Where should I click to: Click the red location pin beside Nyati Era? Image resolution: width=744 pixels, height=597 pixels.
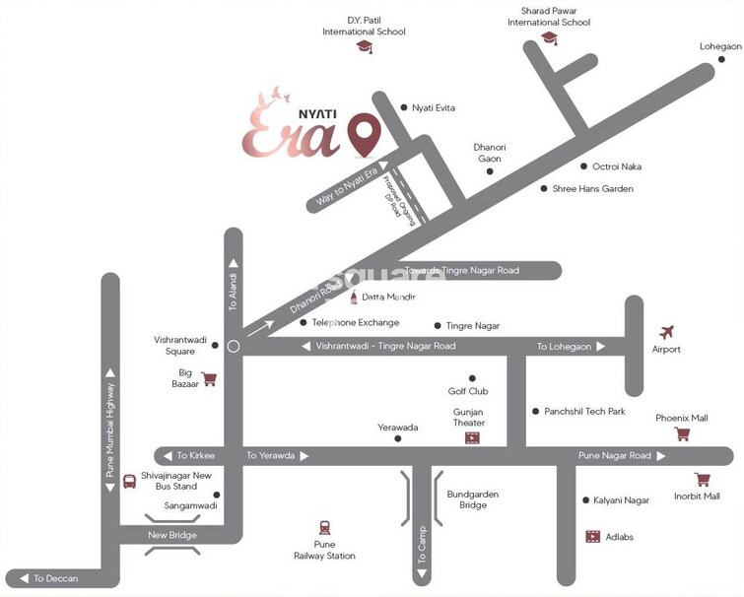tap(367, 136)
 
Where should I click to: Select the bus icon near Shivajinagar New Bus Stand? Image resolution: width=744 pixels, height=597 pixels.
tap(129, 482)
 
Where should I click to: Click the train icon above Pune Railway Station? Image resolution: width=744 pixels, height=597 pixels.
tap(324, 527)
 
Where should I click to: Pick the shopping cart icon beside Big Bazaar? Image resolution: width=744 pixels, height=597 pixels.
tap(209, 378)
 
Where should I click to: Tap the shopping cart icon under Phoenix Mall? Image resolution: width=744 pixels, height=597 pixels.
tap(681, 433)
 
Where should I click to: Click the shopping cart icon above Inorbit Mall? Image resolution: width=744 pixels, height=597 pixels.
tap(703, 480)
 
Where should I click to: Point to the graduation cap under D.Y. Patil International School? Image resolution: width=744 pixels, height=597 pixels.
tap(365, 47)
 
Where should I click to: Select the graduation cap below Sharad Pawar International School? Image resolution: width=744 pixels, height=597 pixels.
tap(549, 38)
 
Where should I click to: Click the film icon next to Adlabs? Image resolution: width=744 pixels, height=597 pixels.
tap(592, 536)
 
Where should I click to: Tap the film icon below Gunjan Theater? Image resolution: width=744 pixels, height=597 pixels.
tap(473, 436)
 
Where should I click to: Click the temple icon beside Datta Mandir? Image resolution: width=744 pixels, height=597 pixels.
tap(354, 296)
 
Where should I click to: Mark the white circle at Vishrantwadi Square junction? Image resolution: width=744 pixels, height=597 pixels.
tap(234, 346)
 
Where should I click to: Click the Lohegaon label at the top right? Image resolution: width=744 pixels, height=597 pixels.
tap(720, 46)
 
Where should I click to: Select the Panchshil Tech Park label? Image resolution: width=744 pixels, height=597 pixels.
tap(585, 411)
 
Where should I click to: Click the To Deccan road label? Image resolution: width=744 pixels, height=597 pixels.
tap(55, 578)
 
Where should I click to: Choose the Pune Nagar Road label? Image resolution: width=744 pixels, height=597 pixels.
tap(614, 455)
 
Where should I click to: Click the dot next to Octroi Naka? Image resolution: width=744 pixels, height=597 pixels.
tap(583, 166)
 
